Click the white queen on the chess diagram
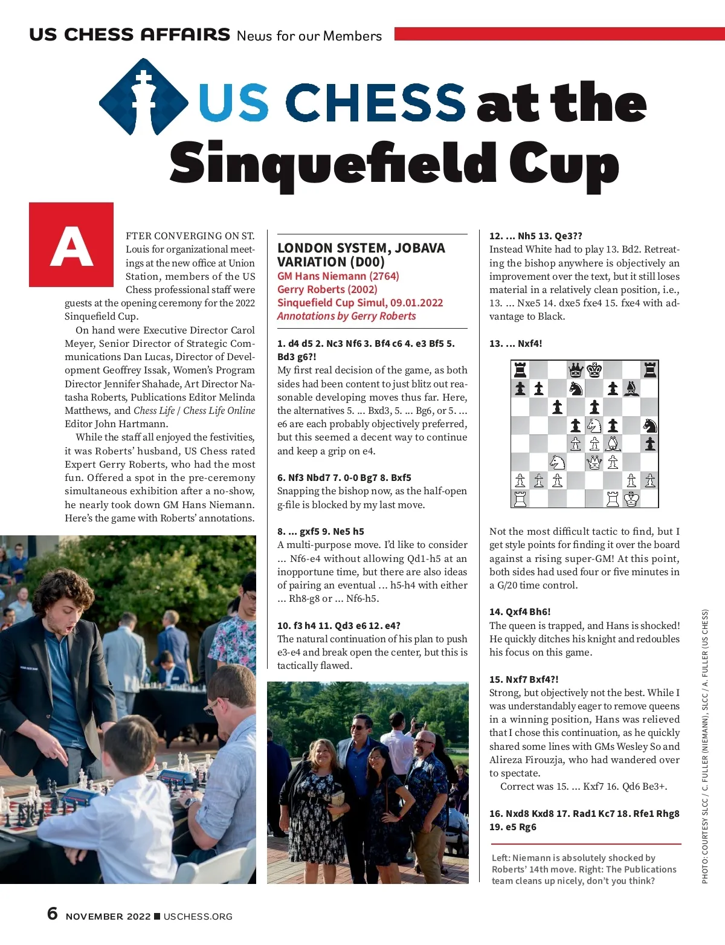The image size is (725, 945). tap(594, 462)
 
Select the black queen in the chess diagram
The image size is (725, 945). tap(576, 369)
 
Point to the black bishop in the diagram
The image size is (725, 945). tap(631, 388)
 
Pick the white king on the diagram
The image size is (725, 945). tap(631, 499)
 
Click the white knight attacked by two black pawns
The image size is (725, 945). tap(594, 425)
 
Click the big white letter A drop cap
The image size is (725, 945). tap(71, 246)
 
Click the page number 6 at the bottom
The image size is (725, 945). tap(53, 913)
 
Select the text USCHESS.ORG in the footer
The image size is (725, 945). tap(198, 917)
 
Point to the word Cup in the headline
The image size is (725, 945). tap(563, 163)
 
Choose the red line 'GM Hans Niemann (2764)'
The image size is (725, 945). tap(338, 276)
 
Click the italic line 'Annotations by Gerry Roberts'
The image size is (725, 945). tap(346, 316)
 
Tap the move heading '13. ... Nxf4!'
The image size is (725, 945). tap(515, 343)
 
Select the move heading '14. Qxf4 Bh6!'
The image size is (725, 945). tap(520, 611)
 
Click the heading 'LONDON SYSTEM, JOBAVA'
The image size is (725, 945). tap(361, 248)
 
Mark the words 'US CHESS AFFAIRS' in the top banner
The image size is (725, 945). tap(129, 34)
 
